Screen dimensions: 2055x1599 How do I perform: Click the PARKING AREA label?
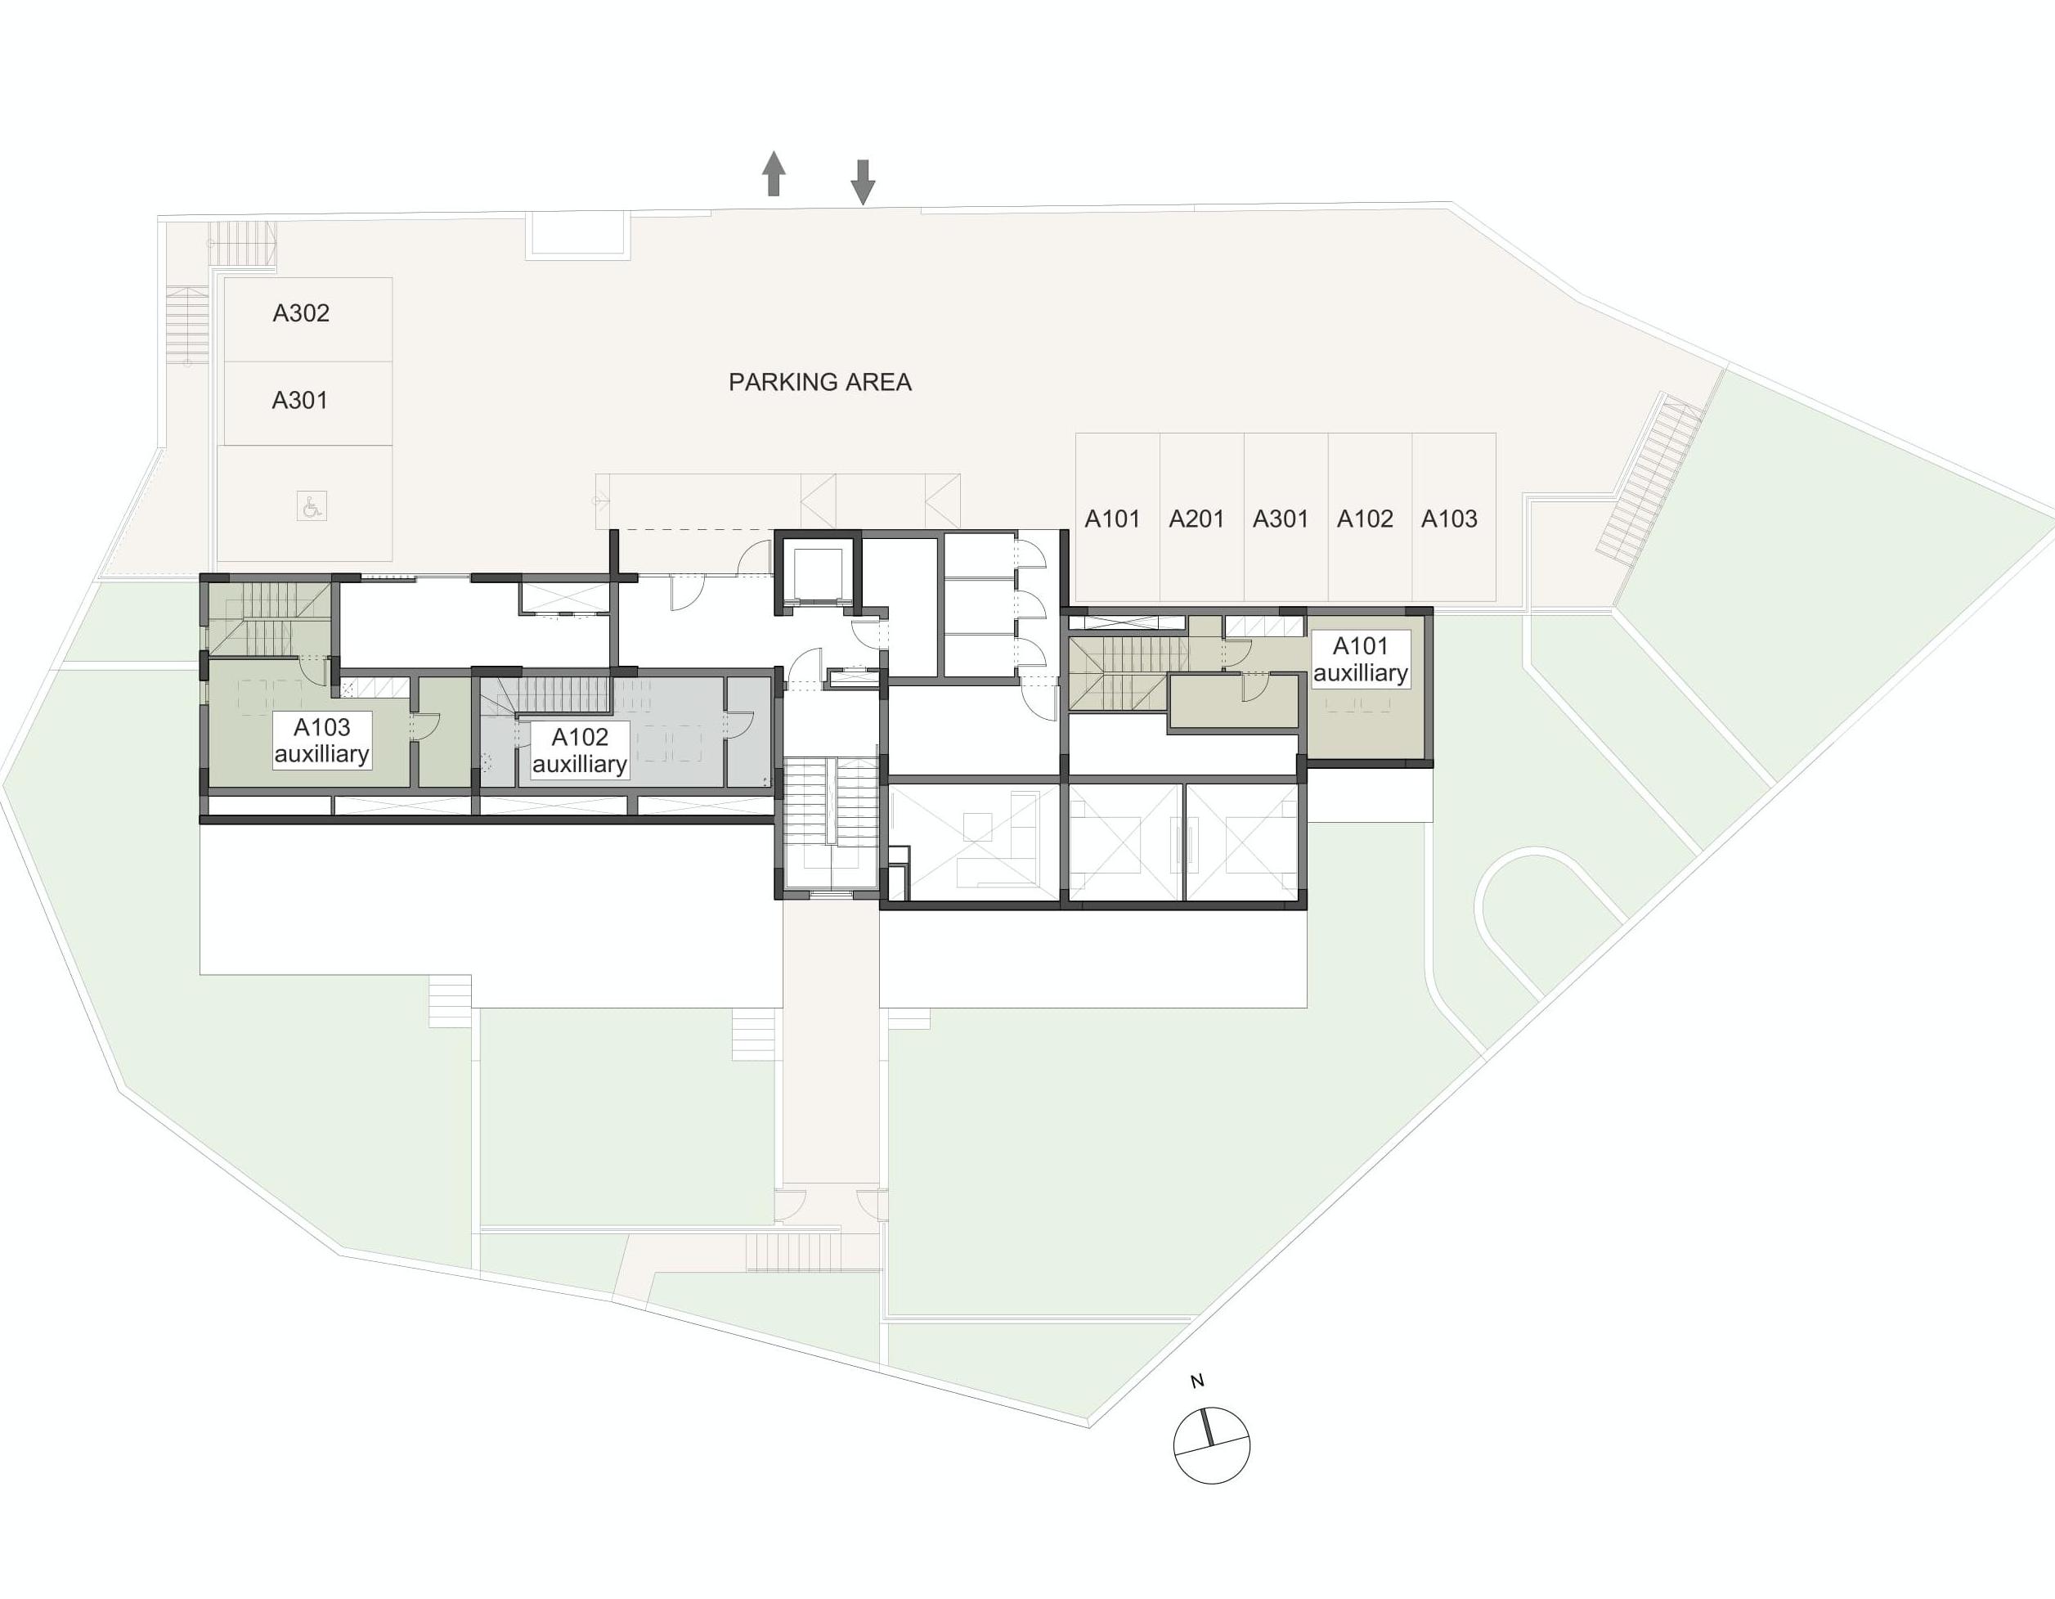(x=819, y=382)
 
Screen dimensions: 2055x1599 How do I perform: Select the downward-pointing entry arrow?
(x=863, y=182)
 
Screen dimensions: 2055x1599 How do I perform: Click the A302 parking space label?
(x=301, y=313)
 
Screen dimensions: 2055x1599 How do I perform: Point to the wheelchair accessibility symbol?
(x=312, y=506)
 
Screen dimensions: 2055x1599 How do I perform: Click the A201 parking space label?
(x=1196, y=519)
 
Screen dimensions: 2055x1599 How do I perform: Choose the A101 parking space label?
(x=1112, y=519)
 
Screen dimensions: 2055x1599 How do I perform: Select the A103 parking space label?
(x=1449, y=519)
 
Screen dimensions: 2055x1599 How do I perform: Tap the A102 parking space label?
(x=1364, y=519)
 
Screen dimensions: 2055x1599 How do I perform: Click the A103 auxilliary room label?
(x=322, y=741)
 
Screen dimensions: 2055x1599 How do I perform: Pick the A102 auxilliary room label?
(x=580, y=750)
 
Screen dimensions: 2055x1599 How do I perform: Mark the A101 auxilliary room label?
(x=1361, y=658)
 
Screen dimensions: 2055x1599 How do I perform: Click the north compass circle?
(x=1212, y=1445)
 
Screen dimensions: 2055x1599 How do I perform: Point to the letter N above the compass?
(x=1197, y=1381)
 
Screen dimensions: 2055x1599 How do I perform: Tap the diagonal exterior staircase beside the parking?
(x=1650, y=478)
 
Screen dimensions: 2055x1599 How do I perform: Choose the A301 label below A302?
(x=300, y=401)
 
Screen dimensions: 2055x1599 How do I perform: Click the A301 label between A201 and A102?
(x=1281, y=519)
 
